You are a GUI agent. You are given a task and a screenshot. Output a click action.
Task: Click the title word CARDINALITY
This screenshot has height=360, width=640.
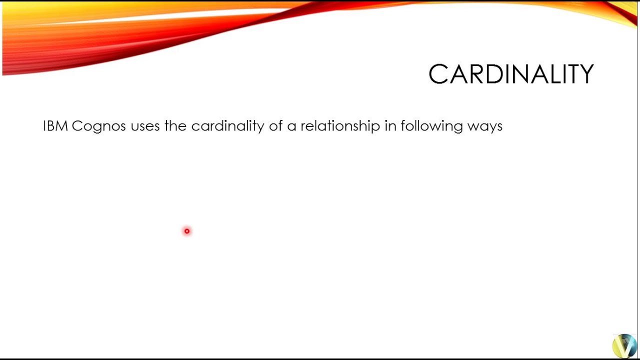(x=510, y=74)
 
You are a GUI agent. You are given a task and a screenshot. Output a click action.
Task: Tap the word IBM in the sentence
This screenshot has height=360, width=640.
(x=55, y=126)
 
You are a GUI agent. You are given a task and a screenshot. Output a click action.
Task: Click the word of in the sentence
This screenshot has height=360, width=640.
(x=276, y=126)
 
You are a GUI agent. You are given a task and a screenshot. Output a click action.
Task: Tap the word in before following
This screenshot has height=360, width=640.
(x=390, y=126)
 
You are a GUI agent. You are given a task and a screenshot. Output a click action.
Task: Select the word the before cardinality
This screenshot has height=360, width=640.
(x=175, y=126)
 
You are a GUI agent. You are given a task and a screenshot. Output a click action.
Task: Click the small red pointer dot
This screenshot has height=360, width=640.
(x=187, y=231)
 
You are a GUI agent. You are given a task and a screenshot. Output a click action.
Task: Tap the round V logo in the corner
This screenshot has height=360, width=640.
(x=624, y=345)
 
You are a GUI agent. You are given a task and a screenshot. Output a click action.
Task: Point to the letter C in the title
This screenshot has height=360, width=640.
(x=438, y=74)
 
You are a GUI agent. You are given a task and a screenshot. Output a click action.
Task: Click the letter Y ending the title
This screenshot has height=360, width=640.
(x=585, y=74)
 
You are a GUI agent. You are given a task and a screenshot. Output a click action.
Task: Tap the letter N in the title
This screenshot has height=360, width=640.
(x=518, y=74)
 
